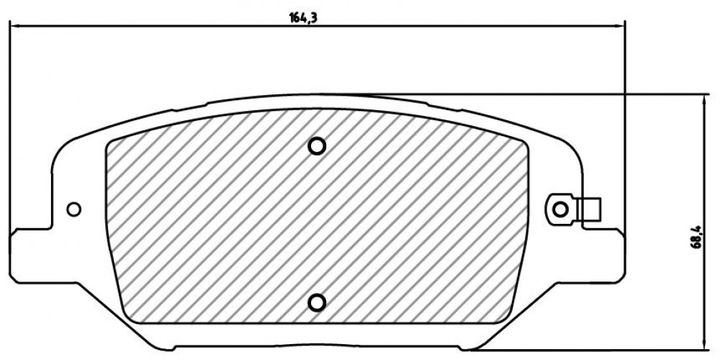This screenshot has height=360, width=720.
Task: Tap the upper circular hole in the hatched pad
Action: point(316,146)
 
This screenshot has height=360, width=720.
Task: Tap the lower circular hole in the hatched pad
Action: point(316,302)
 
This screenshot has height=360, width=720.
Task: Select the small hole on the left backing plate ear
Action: point(73,210)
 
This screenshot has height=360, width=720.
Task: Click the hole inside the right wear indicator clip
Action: point(559,210)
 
